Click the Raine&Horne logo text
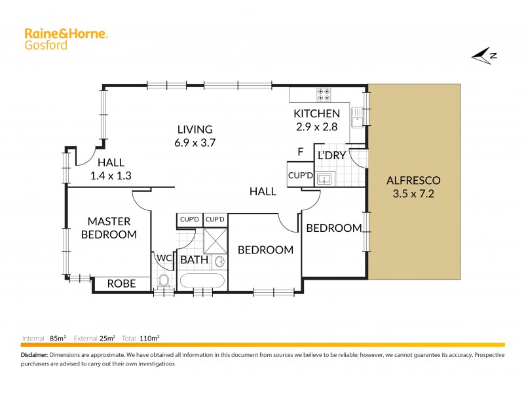pyautogui.click(x=65, y=33)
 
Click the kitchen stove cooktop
pyautogui.click(x=324, y=94)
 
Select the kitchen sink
pyautogui.click(x=357, y=119)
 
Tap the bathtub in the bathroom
pyautogui.click(x=203, y=282)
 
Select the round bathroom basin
pyautogui.click(x=221, y=262)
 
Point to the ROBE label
pyautogui.click(x=121, y=284)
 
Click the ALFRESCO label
pyautogui.click(x=413, y=180)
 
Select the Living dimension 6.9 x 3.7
pyautogui.click(x=194, y=141)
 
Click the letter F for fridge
pyautogui.click(x=300, y=152)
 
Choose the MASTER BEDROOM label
pyautogui.click(x=109, y=228)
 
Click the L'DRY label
pyautogui.click(x=331, y=156)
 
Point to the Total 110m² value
pyautogui.click(x=151, y=338)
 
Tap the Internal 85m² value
pyautogui.click(x=57, y=338)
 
